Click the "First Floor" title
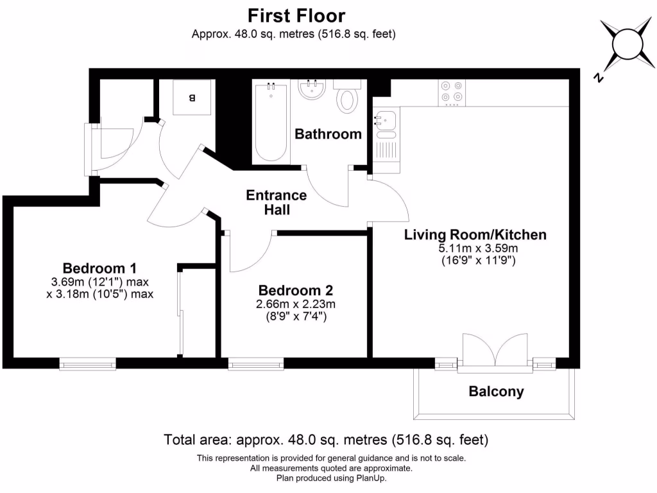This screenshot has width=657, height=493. pos(296,15)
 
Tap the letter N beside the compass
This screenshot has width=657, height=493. pos(599,77)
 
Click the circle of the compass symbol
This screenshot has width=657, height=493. pos(627,44)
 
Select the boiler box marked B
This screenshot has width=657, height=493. pos(192,97)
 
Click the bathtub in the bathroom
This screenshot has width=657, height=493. pos(271,122)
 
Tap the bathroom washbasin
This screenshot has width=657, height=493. pos(312,89)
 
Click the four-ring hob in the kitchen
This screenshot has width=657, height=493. pos(452,92)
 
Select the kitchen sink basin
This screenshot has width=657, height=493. pos(386,119)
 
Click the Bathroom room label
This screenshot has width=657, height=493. pos(328,134)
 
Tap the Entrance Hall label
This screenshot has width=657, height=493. pos(277,202)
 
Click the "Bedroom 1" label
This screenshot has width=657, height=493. pos(99,268)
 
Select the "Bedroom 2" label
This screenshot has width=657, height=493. pos(295,290)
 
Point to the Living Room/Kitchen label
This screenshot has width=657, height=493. pos(475,235)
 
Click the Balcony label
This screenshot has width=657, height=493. pos(496,392)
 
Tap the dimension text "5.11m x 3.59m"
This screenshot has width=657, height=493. pos(478,248)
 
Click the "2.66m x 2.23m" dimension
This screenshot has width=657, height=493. pos(295,304)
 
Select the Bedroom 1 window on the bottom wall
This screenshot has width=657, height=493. pos(87,363)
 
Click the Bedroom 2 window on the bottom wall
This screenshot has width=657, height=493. pos(255,363)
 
